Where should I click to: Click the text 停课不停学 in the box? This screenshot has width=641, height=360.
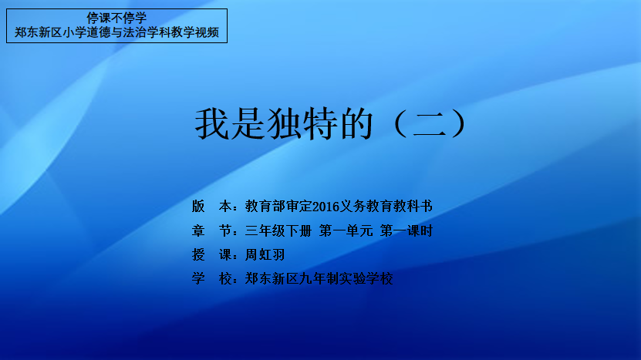click(x=116, y=18)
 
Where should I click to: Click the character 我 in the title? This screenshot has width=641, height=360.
click(x=211, y=123)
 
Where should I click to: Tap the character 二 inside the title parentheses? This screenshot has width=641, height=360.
click(x=429, y=124)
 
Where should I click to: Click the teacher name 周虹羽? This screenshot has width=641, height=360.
click(x=265, y=255)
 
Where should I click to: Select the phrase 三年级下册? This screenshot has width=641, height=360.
click(x=278, y=230)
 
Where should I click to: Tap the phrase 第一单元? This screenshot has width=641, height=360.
click(x=346, y=230)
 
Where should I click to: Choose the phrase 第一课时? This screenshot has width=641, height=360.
click(x=407, y=230)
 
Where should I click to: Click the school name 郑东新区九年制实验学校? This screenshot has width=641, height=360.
click(x=319, y=279)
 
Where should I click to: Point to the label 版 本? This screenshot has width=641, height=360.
click(x=212, y=207)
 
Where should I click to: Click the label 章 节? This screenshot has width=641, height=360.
click(x=212, y=230)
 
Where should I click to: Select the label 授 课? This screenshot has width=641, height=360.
click(x=212, y=255)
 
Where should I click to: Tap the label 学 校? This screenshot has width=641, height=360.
click(x=212, y=279)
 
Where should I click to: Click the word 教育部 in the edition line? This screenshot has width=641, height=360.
click(x=265, y=207)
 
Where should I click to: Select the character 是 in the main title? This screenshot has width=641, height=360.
click(x=248, y=123)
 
